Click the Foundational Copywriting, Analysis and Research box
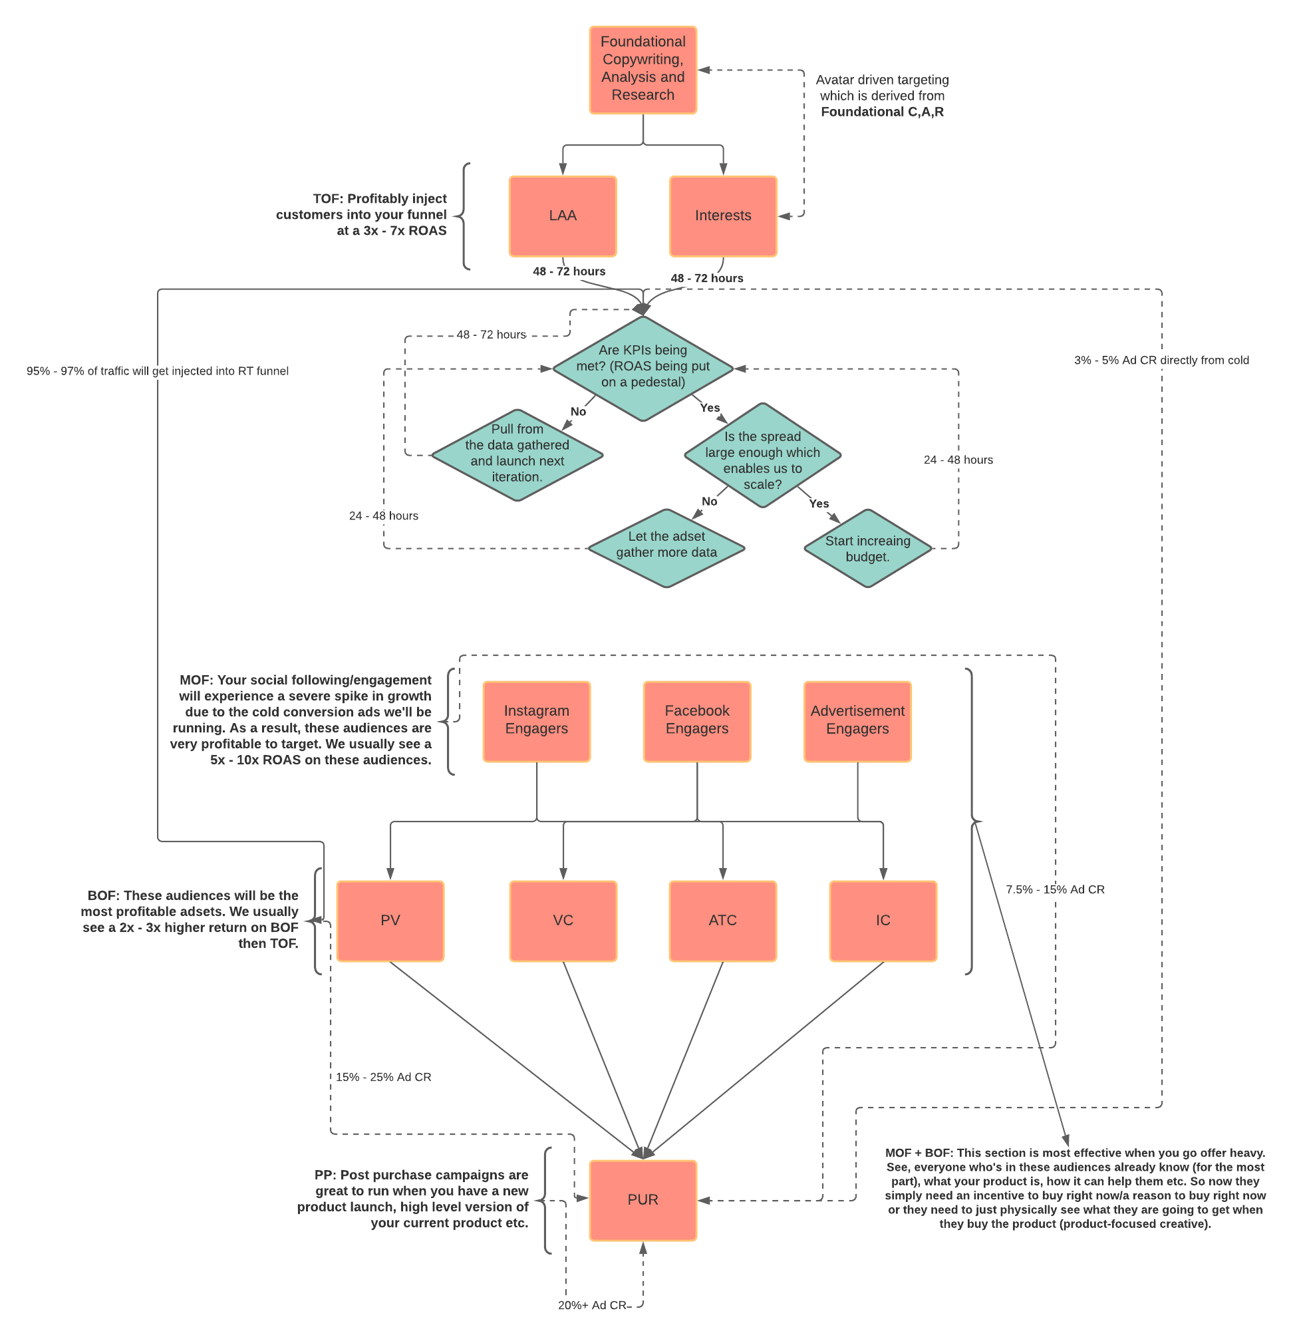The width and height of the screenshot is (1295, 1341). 643,70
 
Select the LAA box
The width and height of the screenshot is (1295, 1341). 562,216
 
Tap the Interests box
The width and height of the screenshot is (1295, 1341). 723,216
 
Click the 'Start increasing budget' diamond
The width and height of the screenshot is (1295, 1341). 867,548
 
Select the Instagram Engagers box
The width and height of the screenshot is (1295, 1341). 536,721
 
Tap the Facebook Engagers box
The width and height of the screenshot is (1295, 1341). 697,721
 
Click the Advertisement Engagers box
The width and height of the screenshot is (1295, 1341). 857,721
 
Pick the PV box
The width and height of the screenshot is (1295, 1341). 390,921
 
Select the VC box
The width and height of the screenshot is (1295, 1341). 563,921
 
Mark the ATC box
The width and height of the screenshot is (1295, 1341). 722,921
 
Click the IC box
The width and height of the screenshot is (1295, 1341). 883,921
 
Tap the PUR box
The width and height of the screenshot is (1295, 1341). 643,1200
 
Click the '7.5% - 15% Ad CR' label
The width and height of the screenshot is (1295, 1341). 1055,889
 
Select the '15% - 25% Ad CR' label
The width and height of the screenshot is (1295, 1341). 383,1077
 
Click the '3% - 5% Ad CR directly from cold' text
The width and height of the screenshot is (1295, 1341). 1161,361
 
